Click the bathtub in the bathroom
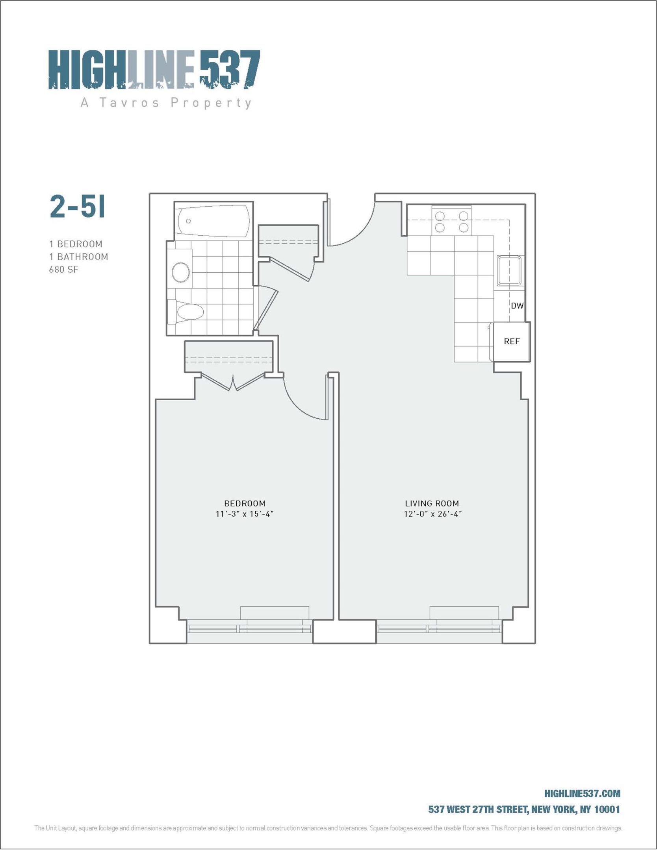pos(213,222)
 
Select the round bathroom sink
pos(181,272)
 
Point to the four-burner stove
pos(451,221)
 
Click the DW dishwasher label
pos(517,305)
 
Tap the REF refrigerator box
pos(512,342)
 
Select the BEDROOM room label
pos(245,503)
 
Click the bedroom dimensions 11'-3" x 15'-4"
pos(245,514)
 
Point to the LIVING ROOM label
pos(432,503)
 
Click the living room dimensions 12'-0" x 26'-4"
pos(432,514)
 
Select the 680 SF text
pos(64,270)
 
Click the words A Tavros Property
pos(166,103)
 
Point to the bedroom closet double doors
pos(233,382)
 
